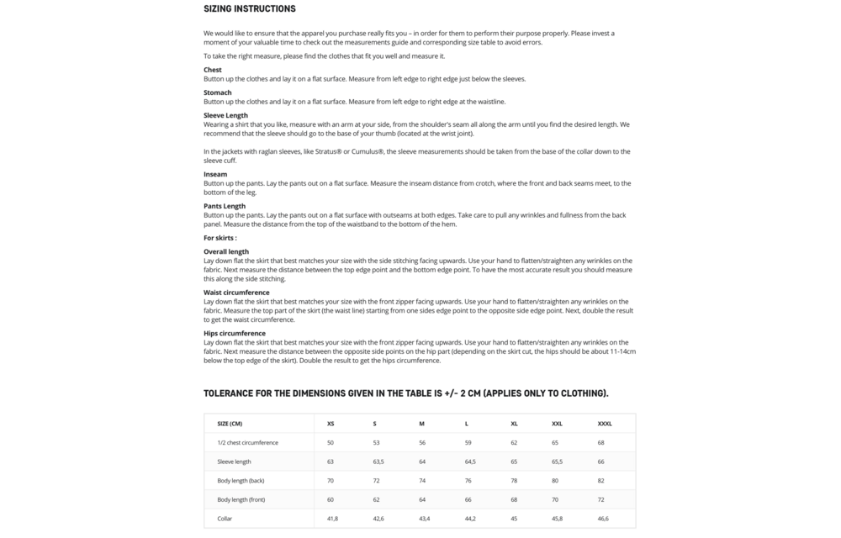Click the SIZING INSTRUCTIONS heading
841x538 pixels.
click(x=249, y=9)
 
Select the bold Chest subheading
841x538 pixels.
click(x=213, y=70)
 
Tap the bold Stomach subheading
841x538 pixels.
click(x=218, y=92)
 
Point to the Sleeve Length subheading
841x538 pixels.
click(x=225, y=115)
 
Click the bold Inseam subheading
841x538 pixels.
click(x=215, y=174)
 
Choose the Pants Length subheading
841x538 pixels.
click(x=225, y=206)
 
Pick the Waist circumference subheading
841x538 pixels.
click(x=236, y=293)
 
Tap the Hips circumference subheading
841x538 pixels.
click(x=234, y=333)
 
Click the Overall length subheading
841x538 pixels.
click(x=226, y=251)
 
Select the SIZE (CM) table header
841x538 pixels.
click(x=230, y=423)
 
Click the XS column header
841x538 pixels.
click(x=331, y=423)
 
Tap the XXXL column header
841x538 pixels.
click(x=604, y=423)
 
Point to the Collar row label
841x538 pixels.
click(x=225, y=519)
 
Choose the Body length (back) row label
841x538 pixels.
click(x=241, y=481)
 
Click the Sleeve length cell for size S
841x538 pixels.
click(x=378, y=462)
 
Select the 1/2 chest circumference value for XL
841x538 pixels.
click(x=513, y=442)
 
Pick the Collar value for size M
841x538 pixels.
click(x=424, y=519)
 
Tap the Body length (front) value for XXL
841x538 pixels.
click(x=556, y=499)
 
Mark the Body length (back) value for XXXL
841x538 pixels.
click(x=600, y=481)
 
